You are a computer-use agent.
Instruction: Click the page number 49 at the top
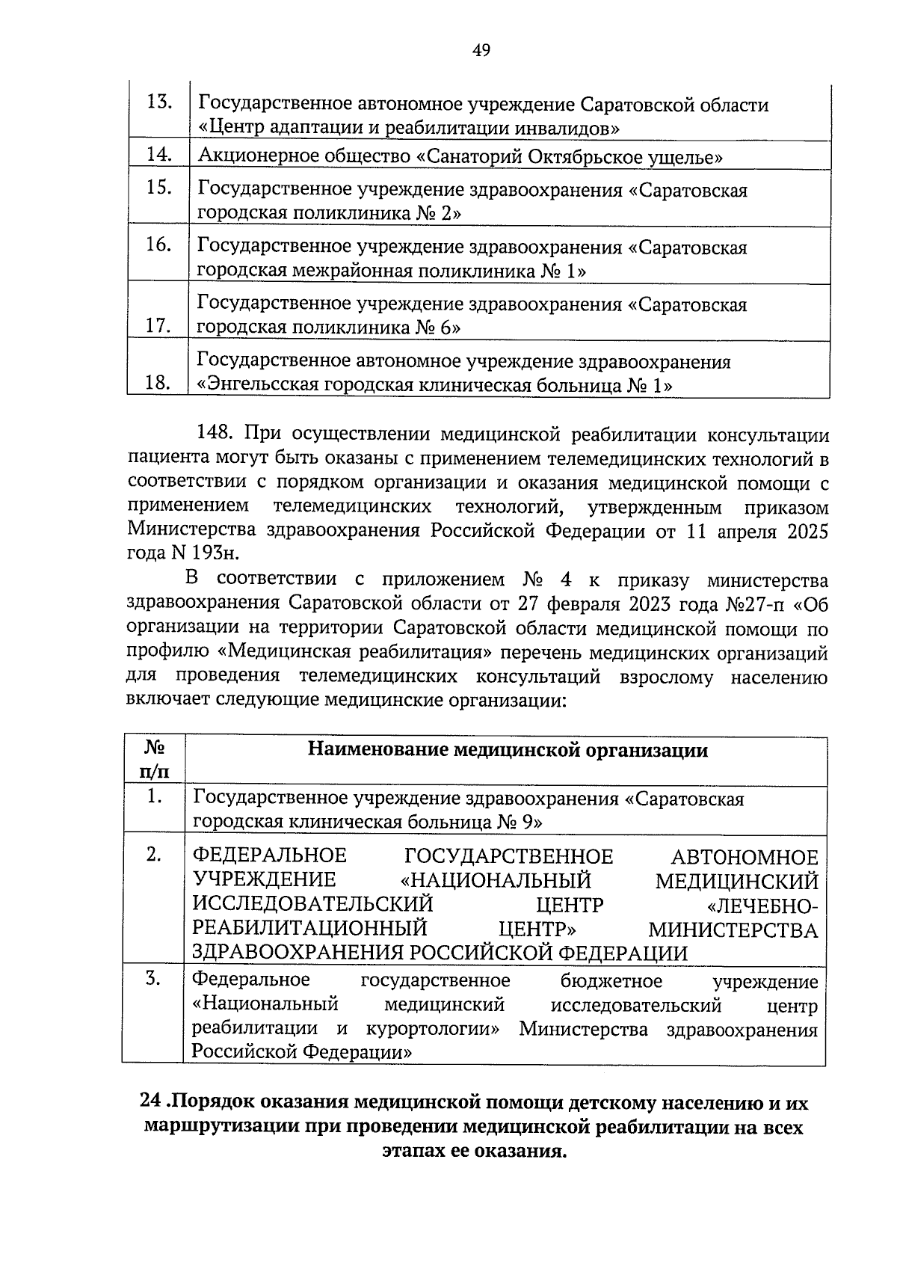(481, 51)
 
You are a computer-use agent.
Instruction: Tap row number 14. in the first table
(159, 155)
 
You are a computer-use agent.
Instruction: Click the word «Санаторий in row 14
(463, 156)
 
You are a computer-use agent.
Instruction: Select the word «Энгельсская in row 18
(254, 385)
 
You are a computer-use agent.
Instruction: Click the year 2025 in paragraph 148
(806, 531)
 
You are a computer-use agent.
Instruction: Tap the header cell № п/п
(154, 759)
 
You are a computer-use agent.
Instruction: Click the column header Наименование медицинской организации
(508, 750)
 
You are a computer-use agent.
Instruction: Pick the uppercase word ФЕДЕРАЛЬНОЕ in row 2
(270, 856)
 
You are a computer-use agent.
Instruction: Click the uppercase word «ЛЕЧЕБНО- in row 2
(762, 906)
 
